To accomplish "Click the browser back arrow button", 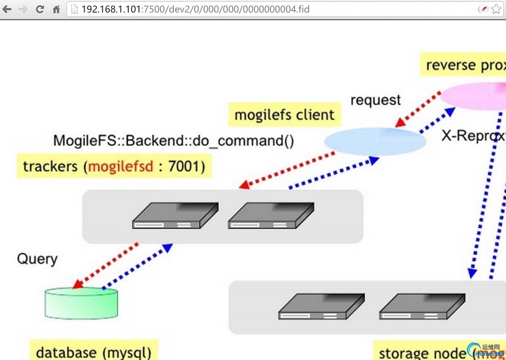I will pyautogui.click(x=7, y=9).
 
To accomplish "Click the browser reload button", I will pyautogui.click(x=40, y=9).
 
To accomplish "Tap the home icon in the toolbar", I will pyautogui.click(x=56, y=9).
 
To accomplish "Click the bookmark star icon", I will pyautogui.click(x=496, y=9).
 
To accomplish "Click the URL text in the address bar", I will pyautogui.click(x=195, y=9).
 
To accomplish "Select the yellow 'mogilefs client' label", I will pyautogui.click(x=284, y=115).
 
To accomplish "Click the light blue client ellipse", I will pyautogui.click(x=375, y=141).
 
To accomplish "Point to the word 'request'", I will pyautogui.click(x=376, y=100).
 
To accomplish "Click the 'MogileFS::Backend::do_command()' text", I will pyautogui.click(x=173, y=141).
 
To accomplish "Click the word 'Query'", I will pyautogui.click(x=37, y=259).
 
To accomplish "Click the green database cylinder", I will pyautogui.click(x=81, y=303).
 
